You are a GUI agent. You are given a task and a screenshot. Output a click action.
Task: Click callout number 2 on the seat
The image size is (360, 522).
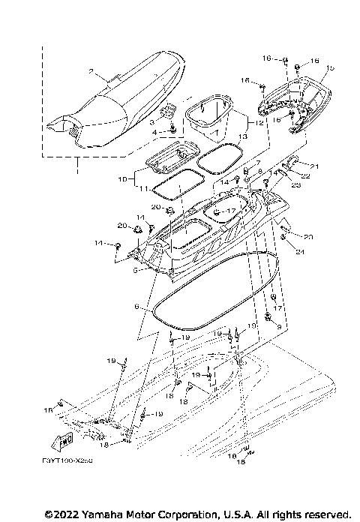pyautogui.click(x=91, y=72)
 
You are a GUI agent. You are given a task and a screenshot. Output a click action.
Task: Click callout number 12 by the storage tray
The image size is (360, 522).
pyautogui.click(x=259, y=121)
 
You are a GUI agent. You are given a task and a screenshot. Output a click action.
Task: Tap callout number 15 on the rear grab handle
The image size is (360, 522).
pyautogui.click(x=330, y=68)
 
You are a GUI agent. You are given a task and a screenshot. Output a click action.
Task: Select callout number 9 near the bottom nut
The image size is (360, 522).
pyautogui.click(x=280, y=327)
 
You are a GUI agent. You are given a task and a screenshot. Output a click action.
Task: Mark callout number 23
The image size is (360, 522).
pyautogui.click(x=295, y=184)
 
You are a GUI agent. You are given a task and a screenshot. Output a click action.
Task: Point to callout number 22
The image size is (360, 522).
pyautogui.click(x=307, y=175)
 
